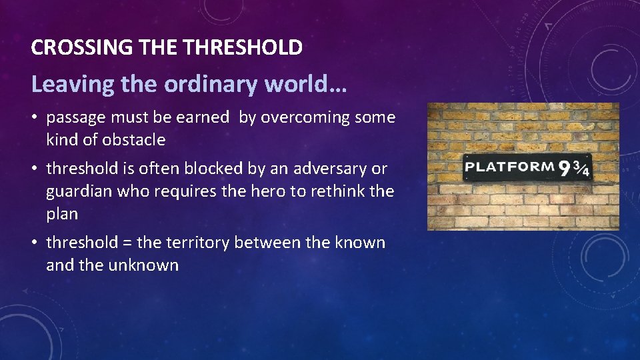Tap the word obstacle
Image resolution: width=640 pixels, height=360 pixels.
133,140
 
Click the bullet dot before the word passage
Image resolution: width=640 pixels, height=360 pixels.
36,119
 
